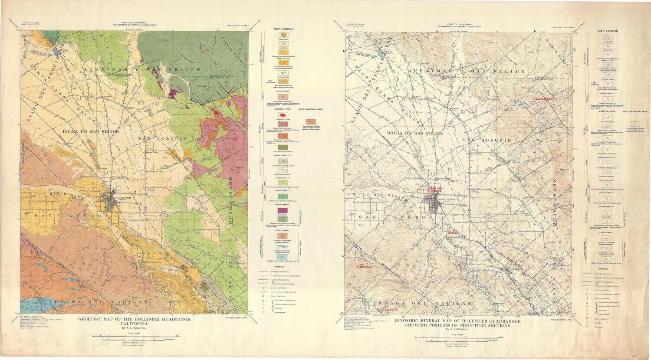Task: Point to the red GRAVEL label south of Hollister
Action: (x=454, y=233)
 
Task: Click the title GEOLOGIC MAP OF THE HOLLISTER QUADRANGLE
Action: (x=134, y=320)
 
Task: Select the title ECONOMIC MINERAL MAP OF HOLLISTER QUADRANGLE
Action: (x=458, y=321)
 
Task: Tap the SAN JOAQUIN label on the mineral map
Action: (x=487, y=140)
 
